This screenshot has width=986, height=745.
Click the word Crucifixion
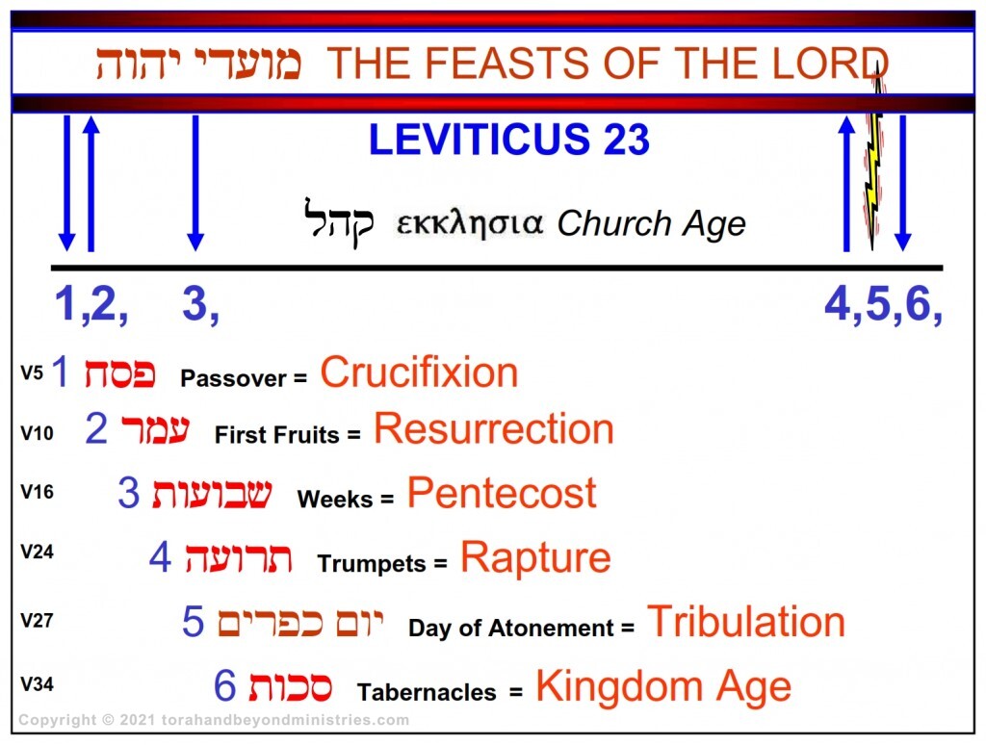419,372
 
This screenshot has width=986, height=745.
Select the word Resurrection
493,429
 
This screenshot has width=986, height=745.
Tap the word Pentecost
501,494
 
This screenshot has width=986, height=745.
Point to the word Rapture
535,557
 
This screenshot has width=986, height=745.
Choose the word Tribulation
745,622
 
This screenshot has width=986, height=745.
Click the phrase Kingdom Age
663,687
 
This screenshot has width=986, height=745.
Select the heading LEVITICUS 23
508,141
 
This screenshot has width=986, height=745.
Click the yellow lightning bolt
874,164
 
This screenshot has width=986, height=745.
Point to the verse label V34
37,685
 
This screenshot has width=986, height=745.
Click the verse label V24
37,554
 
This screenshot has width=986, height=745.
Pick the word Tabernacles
427,692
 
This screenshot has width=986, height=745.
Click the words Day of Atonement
511,629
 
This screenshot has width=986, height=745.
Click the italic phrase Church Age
651,224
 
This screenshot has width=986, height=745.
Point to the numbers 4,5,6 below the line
881,305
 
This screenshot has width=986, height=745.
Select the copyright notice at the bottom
214,720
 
